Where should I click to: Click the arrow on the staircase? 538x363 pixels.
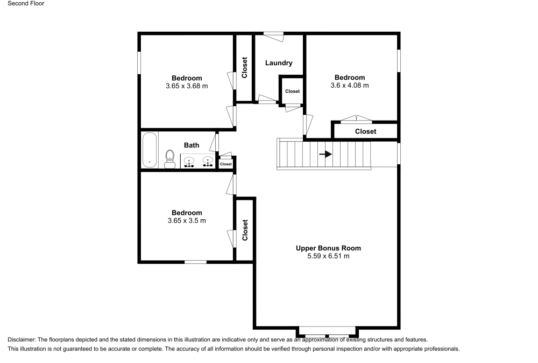[325, 154]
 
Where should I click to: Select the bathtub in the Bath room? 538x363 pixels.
[150, 150]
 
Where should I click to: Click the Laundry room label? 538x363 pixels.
[279, 63]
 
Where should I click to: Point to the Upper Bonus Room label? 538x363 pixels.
[328, 248]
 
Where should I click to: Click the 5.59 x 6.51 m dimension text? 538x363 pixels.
[328, 256]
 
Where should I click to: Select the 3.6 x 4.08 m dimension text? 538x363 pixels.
[350, 85]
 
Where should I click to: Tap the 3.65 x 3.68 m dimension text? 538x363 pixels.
[187, 86]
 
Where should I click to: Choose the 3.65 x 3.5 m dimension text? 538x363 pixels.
[187, 220]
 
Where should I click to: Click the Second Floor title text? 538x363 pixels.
[26, 4]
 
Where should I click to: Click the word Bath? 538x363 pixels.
[192, 145]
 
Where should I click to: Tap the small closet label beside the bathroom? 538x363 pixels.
[225, 164]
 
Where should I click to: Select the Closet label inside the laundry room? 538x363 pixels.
[292, 92]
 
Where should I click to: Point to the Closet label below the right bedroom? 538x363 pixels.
[365, 131]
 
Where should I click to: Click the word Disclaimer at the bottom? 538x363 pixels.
[22, 339]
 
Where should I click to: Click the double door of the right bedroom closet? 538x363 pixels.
[356, 120]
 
